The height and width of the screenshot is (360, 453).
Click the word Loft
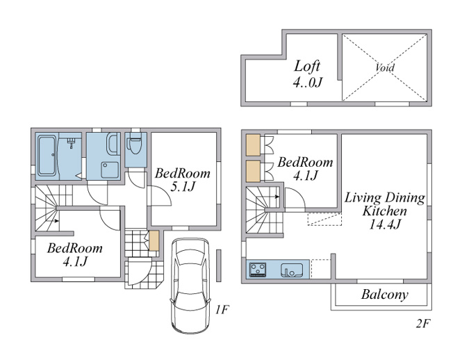pyautogui.click(x=307, y=66)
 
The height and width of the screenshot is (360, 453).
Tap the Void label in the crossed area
pyautogui.click(x=385, y=67)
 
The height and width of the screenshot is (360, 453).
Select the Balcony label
pyautogui.click(x=384, y=295)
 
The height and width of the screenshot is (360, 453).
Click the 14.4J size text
pyautogui.click(x=385, y=224)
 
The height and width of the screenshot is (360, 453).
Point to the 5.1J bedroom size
pyautogui.click(x=183, y=187)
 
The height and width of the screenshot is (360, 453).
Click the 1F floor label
pyautogui.click(x=222, y=310)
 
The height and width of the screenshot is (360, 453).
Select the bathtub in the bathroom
pyautogui.click(x=47, y=156)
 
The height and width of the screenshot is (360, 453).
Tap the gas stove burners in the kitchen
pyautogui.click(x=258, y=270)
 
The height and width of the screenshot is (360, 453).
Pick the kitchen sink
pyautogui.click(x=292, y=270)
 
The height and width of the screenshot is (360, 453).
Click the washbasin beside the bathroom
pyautogui.click(x=113, y=144)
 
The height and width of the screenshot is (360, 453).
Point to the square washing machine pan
pyautogui.click(x=110, y=170)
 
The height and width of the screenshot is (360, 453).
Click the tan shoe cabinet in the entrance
pyautogui.click(x=154, y=240)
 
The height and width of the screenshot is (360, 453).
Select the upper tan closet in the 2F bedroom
pyautogui.click(x=253, y=145)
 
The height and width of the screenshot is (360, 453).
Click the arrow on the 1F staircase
pyautogui.click(x=55, y=221)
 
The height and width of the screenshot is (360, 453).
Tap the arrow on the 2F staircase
pyautogui.click(x=276, y=197)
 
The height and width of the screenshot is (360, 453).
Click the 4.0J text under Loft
pyautogui.click(x=307, y=83)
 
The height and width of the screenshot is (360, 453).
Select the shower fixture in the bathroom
pyautogui.click(x=71, y=142)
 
